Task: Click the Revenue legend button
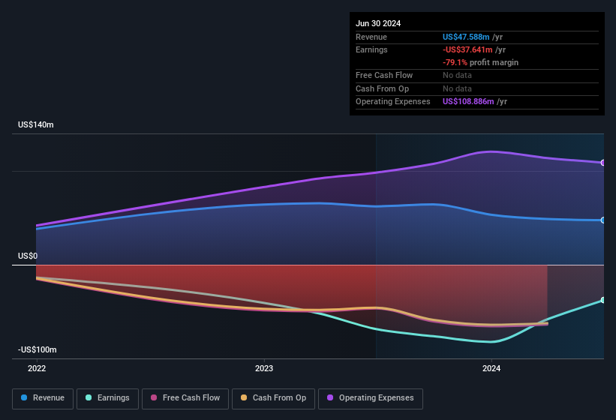point(43,398)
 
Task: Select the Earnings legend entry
point(107,398)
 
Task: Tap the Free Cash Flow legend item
point(186,398)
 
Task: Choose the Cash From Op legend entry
point(273,398)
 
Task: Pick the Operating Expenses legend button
point(370,398)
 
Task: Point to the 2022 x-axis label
point(37,368)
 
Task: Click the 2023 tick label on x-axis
point(264,368)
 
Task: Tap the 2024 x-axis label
point(491,368)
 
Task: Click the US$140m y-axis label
point(36,124)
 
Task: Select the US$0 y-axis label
point(28,256)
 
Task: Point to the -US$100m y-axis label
point(38,350)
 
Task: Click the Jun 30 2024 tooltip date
point(378,23)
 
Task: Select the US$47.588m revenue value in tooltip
point(467,37)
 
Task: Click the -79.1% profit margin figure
point(455,62)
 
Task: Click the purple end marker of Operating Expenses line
point(603,163)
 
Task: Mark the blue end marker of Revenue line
point(603,220)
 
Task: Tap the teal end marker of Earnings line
point(603,300)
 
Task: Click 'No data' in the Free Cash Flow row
point(457,75)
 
